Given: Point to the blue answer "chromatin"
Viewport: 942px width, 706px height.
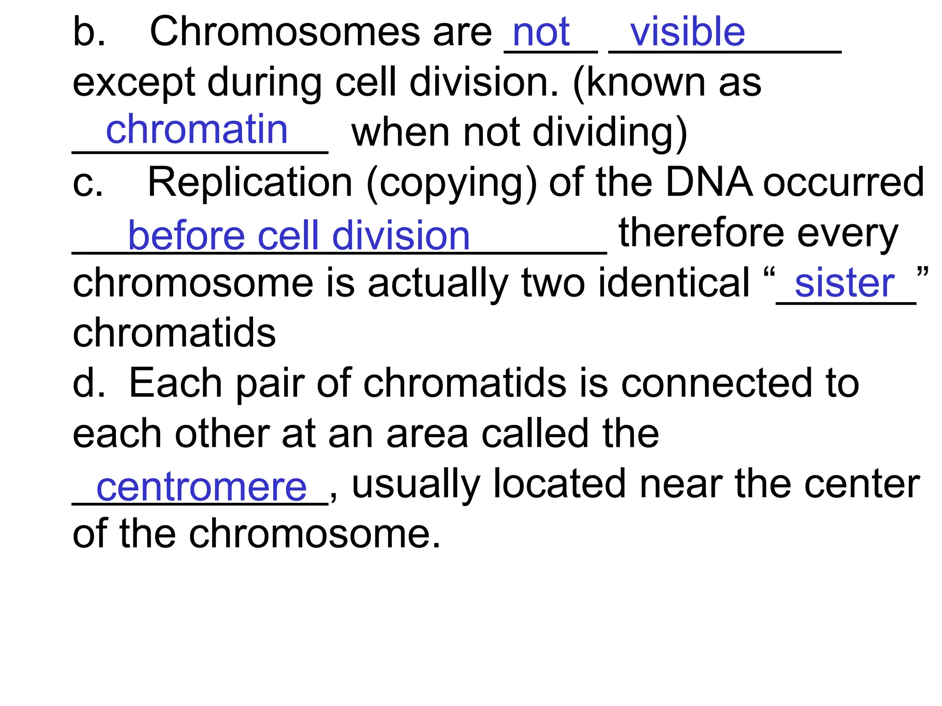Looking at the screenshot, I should (197, 130).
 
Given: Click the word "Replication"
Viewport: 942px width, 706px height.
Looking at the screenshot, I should (250, 183).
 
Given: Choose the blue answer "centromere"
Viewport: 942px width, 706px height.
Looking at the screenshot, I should (201, 488).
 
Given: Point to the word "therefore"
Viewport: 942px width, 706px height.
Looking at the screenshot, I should (701, 233).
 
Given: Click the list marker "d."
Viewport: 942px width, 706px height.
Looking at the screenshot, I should (89, 383).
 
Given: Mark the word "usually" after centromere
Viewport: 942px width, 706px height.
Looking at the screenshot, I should (416, 485).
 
